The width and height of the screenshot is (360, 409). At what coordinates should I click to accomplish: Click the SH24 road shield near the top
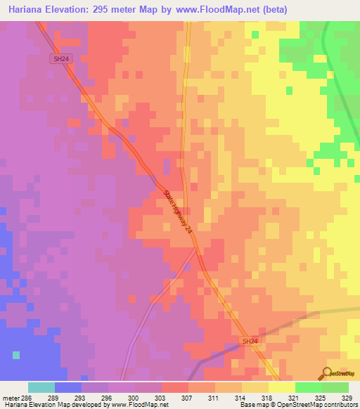click(x=60, y=60)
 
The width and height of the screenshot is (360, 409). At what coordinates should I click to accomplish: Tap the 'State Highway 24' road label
click(x=177, y=212)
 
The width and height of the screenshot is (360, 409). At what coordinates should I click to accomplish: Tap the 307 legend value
click(x=188, y=397)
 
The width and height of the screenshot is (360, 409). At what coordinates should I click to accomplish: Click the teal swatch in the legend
click(x=41, y=387)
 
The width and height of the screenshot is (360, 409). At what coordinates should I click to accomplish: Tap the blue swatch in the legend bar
click(x=68, y=387)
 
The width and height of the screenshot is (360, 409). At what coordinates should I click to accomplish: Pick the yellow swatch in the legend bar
click(x=281, y=387)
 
